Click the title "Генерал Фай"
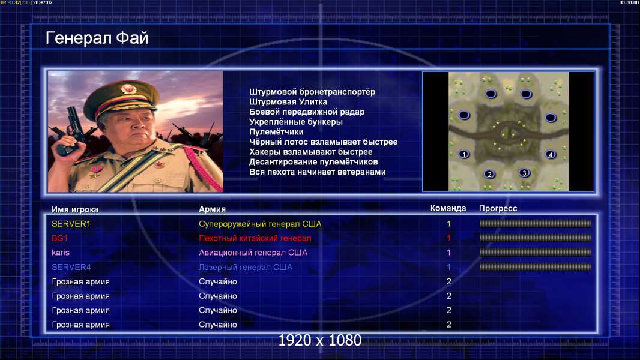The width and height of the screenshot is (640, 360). coord(97,38)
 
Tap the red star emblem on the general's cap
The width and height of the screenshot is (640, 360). coord(128,88)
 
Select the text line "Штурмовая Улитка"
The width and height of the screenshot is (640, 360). coord(288,102)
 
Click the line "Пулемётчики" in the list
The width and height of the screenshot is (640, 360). coord(276,132)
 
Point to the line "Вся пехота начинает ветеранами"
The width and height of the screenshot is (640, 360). coord(318,172)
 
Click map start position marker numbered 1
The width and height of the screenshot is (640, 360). coord(463,154)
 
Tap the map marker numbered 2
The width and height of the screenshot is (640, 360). coord(489,175)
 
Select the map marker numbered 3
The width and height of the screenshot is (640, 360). coord(525,173)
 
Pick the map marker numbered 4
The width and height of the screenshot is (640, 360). coord(550,155)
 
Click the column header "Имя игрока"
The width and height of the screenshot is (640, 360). coord(75,209)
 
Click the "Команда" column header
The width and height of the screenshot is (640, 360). coord(448,208)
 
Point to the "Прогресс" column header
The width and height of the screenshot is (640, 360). coord(498,209)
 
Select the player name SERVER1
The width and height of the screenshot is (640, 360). coord(71,224)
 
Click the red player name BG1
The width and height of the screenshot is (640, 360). coord(59,238)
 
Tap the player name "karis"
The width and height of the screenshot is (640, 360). coord(61,253)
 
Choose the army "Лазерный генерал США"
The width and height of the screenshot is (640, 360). coord(246,268)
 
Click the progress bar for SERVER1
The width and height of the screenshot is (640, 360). coord(536,223)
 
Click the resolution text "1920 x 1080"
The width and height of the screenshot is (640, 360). coord(320,340)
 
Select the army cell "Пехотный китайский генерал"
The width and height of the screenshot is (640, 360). coord(255,238)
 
